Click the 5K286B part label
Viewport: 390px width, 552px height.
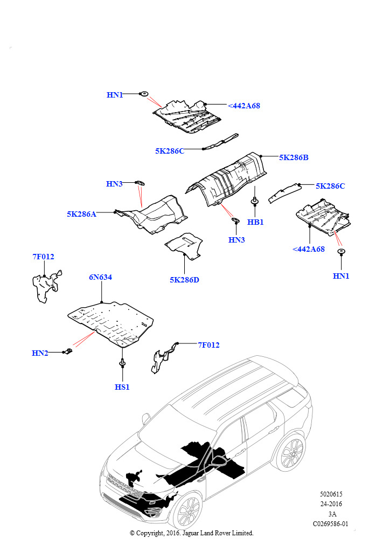pos(294,158)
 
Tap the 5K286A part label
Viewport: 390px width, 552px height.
pos(81,214)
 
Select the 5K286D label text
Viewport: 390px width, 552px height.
pos(184,280)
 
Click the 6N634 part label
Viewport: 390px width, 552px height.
pos(101,277)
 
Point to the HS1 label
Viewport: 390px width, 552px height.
pos(122,387)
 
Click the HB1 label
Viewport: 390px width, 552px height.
pos(255,222)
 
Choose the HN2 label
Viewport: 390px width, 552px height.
pos(40,353)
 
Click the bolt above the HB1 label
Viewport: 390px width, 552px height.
pos(254,202)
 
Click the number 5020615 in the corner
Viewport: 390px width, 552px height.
pos(331,494)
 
